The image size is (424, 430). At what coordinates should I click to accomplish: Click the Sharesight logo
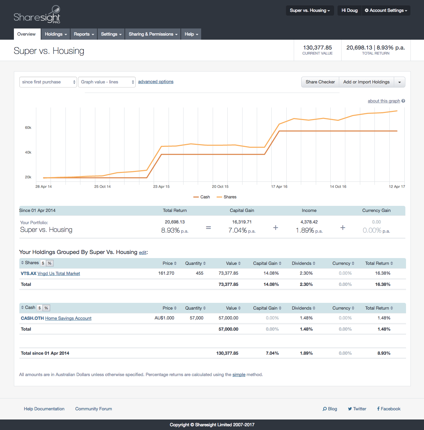[x=37, y=15]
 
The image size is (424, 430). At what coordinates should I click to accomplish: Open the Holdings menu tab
[x=56, y=34]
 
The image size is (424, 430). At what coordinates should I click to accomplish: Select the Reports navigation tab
[x=84, y=34]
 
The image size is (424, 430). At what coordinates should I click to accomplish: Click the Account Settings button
[x=386, y=11]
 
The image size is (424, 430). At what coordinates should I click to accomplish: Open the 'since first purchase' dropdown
[x=48, y=82]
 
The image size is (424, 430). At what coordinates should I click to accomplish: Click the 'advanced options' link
[x=156, y=82]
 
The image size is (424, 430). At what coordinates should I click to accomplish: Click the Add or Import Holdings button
[x=366, y=82]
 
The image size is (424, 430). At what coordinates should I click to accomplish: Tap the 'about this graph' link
[x=384, y=101]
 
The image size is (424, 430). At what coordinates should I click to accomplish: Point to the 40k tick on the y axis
[x=28, y=153]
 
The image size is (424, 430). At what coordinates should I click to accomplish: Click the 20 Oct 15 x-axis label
[x=220, y=187]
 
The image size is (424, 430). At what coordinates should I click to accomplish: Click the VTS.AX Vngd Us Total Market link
[x=51, y=274]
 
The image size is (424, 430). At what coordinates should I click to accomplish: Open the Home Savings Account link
[x=68, y=318]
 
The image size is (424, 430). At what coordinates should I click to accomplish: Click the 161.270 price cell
[x=166, y=273]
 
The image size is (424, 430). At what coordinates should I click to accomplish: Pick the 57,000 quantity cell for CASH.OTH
[x=196, y=318]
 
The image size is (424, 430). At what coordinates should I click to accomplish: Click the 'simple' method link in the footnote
[x=239, y=375]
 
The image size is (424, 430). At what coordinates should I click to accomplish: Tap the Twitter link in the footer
[x=357, y=409]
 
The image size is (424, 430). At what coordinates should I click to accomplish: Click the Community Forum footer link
[x=94, y=409]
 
